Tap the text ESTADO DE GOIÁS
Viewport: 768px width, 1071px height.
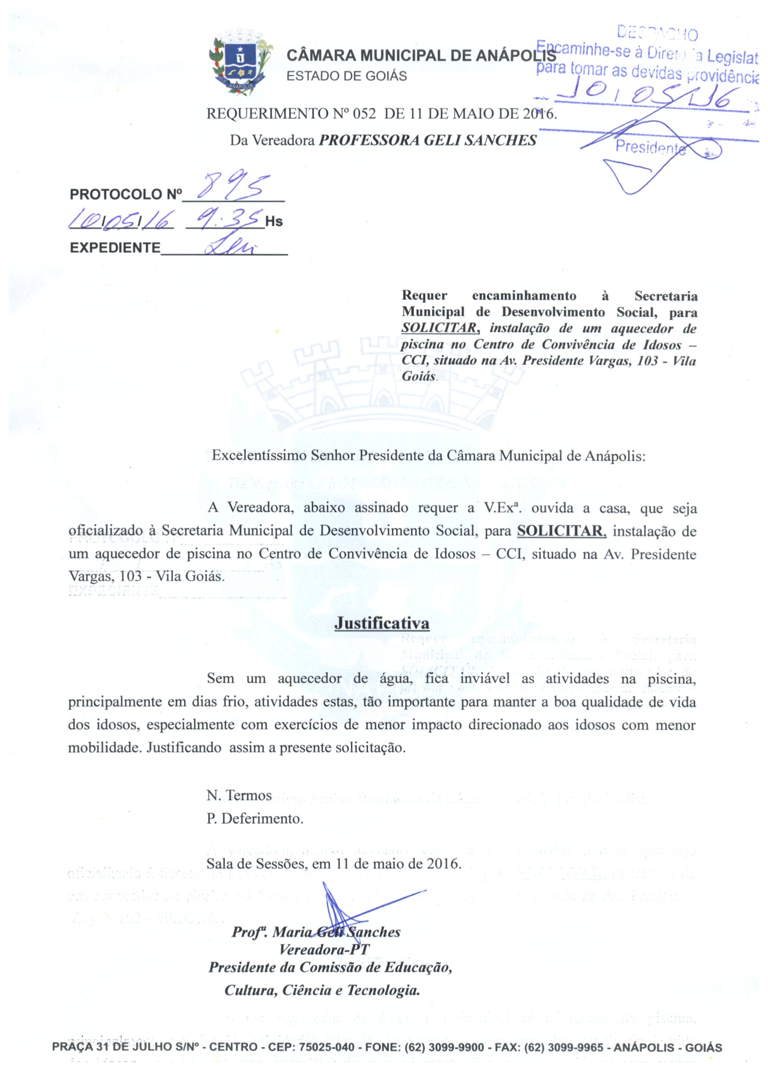click(x=347, y=76)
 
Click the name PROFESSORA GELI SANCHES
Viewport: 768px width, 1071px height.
click(x=428, y=140)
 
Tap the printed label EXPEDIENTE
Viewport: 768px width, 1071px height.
click(x=115, y=248)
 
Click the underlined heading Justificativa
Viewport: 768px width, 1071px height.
click(x=381, y=623)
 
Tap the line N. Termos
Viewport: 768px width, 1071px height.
click(x=239, y=796)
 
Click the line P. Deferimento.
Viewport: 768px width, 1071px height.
click(x=254, y=818)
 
